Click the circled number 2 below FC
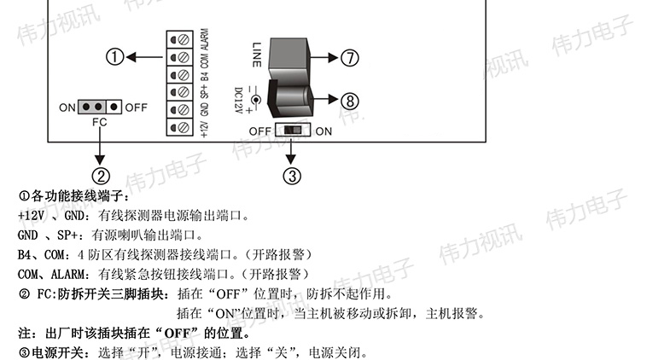102,176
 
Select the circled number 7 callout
351,57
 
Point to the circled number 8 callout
351,100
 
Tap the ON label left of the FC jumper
67,108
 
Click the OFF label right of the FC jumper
136,108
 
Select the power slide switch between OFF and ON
294,131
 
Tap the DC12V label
240,99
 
